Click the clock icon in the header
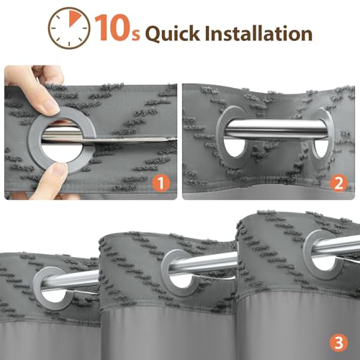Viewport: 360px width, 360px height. click(69, 28)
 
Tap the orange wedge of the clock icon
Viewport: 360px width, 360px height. click(75, 18)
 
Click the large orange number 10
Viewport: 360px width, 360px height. click(112, 27)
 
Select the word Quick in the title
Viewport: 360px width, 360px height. click(172, 33)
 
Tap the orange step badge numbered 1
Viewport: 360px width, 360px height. click(161, 183)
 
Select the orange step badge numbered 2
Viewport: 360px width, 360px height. click(338, 183)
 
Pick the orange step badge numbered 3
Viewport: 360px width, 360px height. click(338, 343)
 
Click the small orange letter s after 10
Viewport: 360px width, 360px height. click(136, 35)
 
